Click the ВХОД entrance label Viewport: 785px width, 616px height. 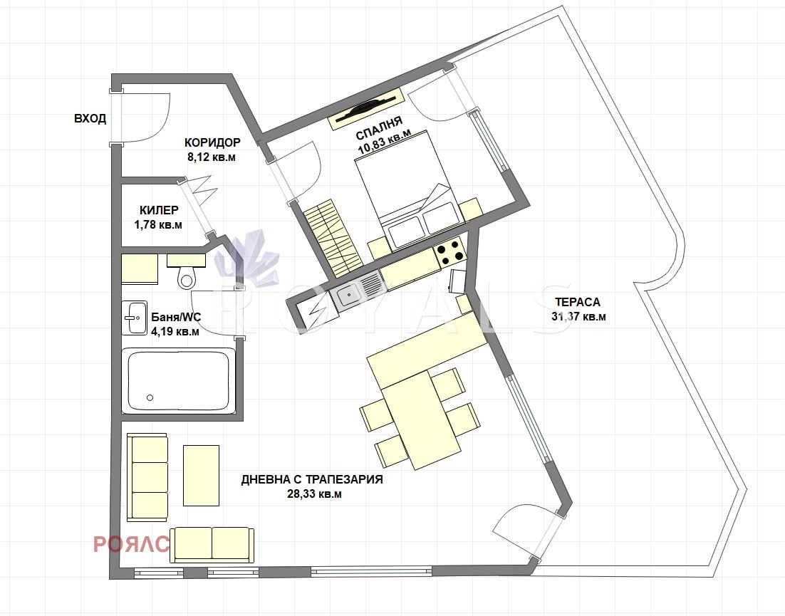[x=90, y=119]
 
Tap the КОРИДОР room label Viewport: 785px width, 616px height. [x=212, y=142]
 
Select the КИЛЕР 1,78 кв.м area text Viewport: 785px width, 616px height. [x=158, y=218]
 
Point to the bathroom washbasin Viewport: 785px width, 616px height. [x=134, y=318]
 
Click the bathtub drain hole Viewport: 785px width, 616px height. [x=150, y=397]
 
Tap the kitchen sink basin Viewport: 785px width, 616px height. [x=347, y=296]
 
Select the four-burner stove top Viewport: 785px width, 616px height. [x=448, y=252]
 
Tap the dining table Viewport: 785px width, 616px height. [x=420, y=419]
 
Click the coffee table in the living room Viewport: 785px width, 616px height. [x=202, y=476]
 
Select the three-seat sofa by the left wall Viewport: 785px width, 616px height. [x=147, y=478]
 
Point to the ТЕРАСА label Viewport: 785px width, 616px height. [x=577, y=302]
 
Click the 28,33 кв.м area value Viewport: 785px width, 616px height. [x=314, y=494]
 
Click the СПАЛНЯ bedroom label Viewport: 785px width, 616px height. [x=379, y=127]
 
